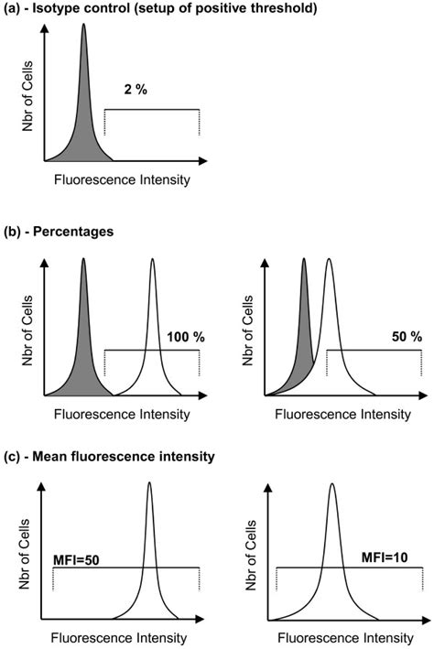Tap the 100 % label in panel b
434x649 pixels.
186,337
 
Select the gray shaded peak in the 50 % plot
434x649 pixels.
303,339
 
